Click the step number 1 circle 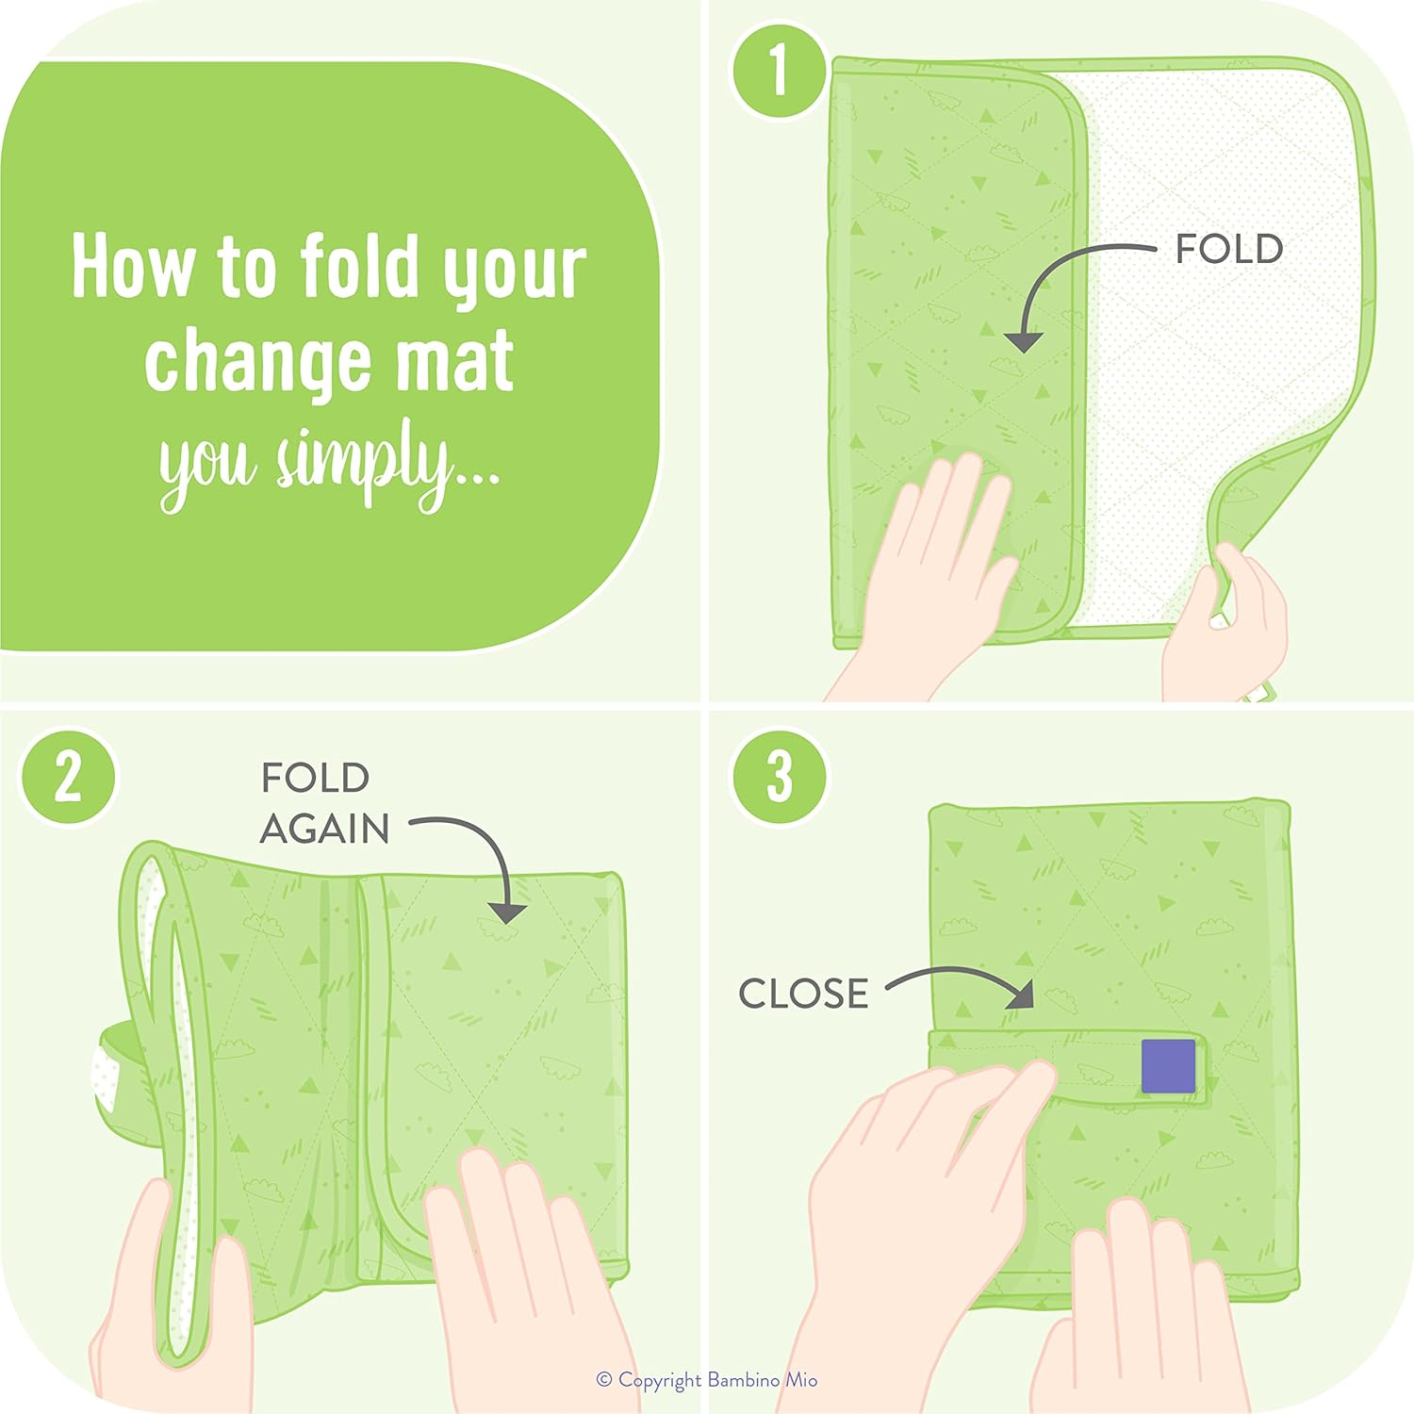779,70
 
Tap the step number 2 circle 69,778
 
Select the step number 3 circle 780,778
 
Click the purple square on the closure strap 1168,1066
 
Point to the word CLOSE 803,994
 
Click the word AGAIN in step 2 324,830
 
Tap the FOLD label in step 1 1228,250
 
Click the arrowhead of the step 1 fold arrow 1024,341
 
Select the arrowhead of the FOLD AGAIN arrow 508,912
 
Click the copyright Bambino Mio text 707,1380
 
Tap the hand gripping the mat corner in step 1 1230,622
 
